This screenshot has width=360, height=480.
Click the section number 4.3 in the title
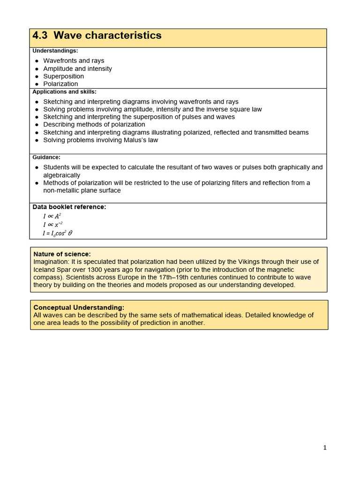coord(39,36)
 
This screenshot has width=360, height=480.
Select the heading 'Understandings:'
coord(55,51)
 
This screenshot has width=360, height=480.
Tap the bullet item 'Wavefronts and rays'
coord(74,61)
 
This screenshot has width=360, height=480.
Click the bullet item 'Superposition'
coord(64,76)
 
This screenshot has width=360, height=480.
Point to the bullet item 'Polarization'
coord(60,84)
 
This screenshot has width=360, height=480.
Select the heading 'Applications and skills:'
coord(64,92)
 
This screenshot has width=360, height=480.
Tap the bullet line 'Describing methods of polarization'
coord(94,125)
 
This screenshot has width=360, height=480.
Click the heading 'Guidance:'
coord(46,157)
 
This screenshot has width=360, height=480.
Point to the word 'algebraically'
coord(62,175)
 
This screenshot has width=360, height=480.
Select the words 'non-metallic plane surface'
coord(82,190)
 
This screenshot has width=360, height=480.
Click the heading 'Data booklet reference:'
coord(69,207)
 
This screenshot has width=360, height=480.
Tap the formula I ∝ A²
coord(52,216)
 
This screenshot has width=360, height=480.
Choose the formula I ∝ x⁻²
coord(52,225)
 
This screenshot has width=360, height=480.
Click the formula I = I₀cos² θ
coord(58,233)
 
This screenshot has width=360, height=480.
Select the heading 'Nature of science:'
coord(62,254)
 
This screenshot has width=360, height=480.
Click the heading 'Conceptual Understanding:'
coord(79,307)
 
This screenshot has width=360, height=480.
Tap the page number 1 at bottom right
coord(325,448)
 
